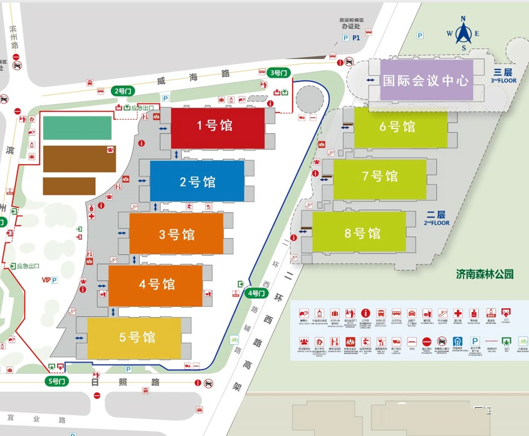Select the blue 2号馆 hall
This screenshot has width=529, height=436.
(197, 182)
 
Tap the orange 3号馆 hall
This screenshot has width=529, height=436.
(176, 234)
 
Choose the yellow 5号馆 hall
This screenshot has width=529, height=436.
(134, 338)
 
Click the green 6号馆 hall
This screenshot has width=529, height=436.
(401, 127)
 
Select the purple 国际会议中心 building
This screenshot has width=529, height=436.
(426, 80)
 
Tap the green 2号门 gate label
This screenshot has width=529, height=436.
(123, 91)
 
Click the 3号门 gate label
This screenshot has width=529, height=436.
(278, 73)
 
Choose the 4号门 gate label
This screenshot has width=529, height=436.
(256, 293)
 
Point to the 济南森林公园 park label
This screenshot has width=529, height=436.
(485, 274)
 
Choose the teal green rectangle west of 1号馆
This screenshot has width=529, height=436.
(77, 128)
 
